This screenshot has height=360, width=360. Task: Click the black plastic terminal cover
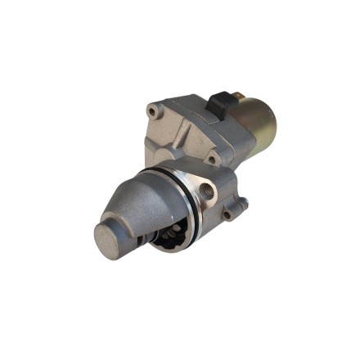click(x=220, y=103)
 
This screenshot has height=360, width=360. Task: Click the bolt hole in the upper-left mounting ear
click(x=152, y=110)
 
